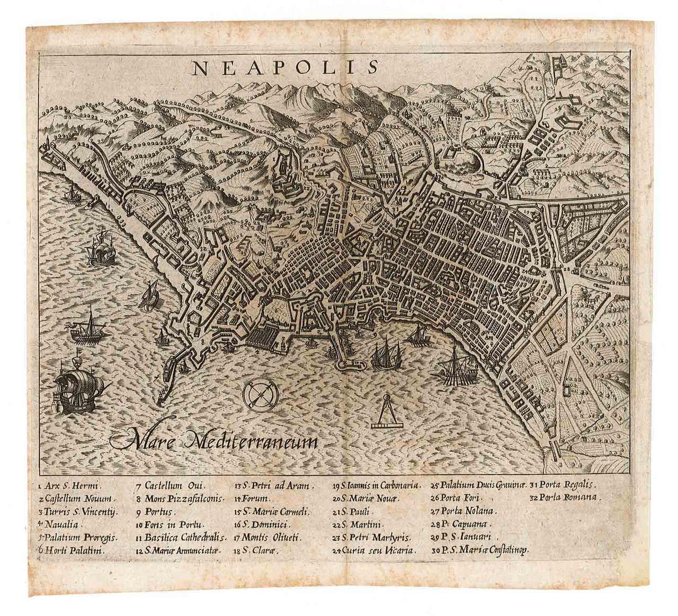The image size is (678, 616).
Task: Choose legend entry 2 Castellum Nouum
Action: pos(76,498)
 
